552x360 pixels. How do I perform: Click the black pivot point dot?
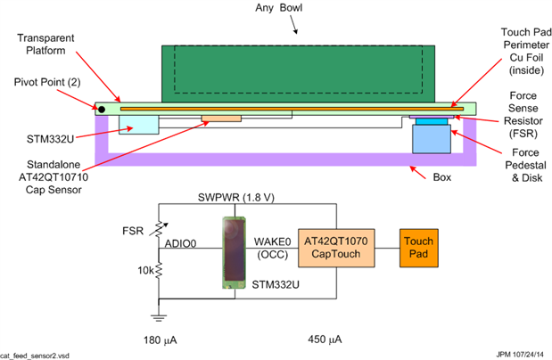coord(103,110)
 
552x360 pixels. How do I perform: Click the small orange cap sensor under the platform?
coord(221,118)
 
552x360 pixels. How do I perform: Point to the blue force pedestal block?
coord(433,139)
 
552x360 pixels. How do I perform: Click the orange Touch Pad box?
coord(418,247)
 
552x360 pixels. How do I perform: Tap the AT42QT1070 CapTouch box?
coord(335,247)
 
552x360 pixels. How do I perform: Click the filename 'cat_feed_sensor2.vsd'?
coord(43,355)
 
